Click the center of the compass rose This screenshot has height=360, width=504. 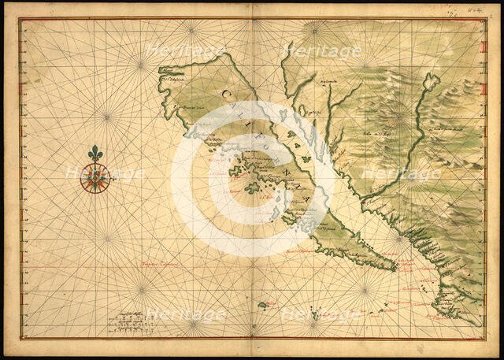(96, 180)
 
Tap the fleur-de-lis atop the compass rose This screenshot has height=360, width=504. (96, 154)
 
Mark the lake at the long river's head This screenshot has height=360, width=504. (430, 80)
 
